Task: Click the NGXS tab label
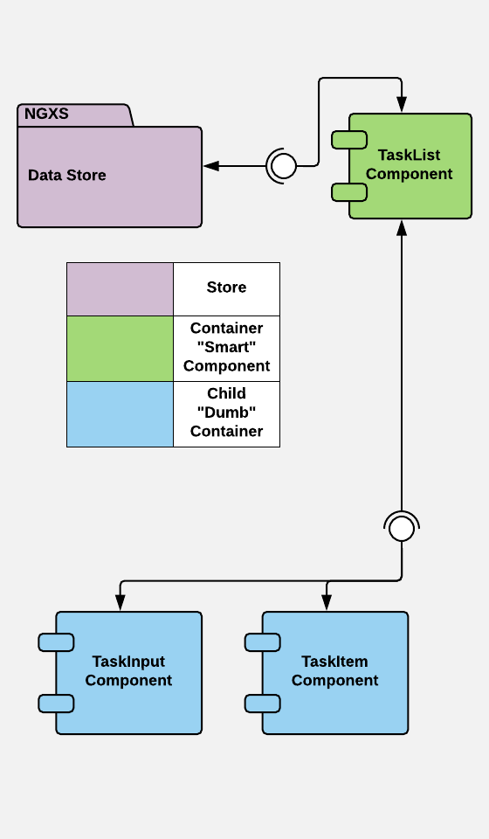(x=46, y=114)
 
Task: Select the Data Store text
(x=67, y=175)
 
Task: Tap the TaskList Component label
(x=410, y=164)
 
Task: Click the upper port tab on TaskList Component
(x=349, y=140)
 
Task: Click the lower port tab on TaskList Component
(x=349, y=192)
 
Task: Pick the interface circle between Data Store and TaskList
(x=283, y=166)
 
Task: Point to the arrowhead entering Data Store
(x=211, y=166)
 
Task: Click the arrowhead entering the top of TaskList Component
(x=402, y=104)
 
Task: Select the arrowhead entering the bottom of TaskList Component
(x=402, y=227)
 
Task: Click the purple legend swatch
(x=120, y=289)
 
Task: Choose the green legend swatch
(x=120, y=349)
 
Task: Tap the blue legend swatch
(x=120, y=414)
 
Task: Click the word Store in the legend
(x=226, y=288)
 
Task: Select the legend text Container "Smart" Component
(x=226, y=347)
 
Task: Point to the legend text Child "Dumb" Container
(x=226, y=412)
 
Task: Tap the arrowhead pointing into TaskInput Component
(x=121, y=602)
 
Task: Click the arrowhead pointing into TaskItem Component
(x=327, y=602)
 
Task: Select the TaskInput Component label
(x=128, y=671)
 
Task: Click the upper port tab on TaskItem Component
(x=263, y=642)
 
